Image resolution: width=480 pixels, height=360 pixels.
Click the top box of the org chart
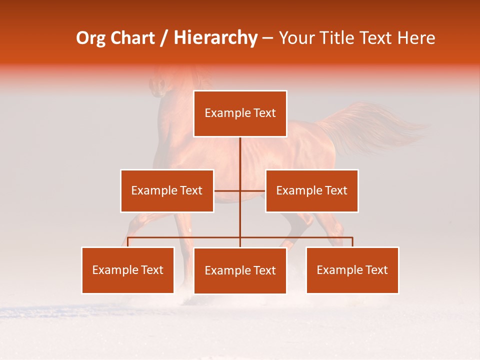240,113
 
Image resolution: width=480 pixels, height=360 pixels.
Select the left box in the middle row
167,190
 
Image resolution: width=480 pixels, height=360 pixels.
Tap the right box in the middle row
311,190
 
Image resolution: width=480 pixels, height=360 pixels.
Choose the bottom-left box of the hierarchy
128,270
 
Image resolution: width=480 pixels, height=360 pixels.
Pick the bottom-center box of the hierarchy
240,270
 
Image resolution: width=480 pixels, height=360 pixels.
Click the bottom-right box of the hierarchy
352,270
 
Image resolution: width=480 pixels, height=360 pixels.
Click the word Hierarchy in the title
215,38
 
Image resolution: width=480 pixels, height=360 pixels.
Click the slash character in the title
164,38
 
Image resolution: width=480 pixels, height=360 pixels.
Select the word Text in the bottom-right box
375,270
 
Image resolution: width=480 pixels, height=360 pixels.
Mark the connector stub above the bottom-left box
128,242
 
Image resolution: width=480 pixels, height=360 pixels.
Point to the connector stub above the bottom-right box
352,242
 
